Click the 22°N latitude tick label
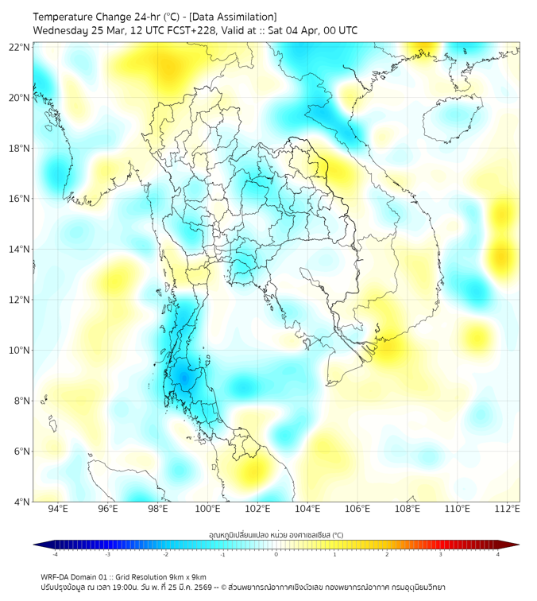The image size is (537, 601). (19, 47)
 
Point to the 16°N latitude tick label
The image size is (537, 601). (19, 199)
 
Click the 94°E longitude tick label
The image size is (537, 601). (58, 510)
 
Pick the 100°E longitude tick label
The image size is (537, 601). (207, 510)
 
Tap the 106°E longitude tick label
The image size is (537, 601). (357, 510)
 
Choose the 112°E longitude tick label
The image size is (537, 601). (507, 510)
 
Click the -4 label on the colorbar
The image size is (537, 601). (54, 554)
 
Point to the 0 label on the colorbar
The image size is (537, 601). (276, 554)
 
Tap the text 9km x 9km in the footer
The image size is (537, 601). (186, 576)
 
